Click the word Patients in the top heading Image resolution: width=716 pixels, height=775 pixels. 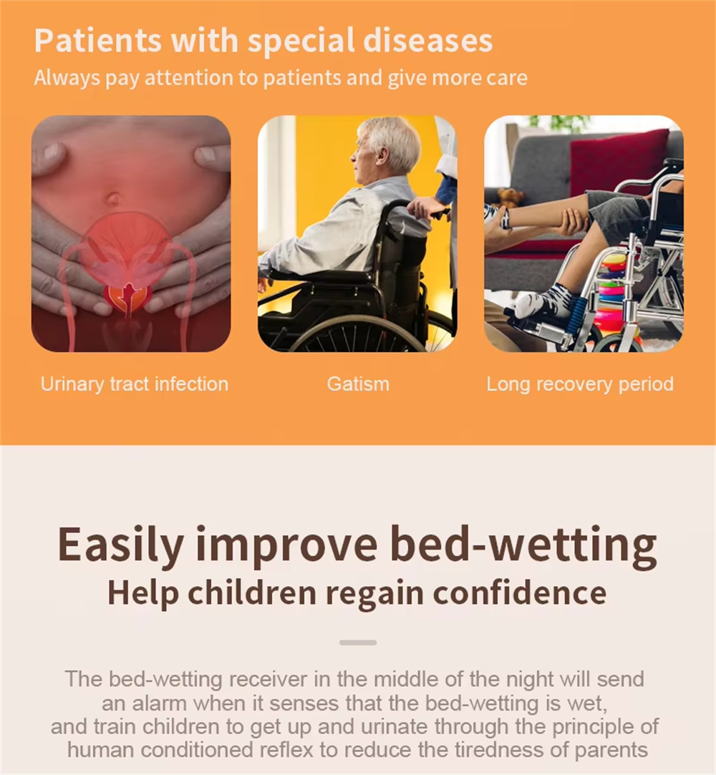click(x=98, y=40)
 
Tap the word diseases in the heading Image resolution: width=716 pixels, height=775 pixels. click(x=427, y=40)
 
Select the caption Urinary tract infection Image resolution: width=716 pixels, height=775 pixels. click(x=135, y=384)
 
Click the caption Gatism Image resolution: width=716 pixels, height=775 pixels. click(x=358, y=384)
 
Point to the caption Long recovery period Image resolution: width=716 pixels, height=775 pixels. click(x=580, y=384)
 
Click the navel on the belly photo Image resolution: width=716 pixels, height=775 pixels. click(x=113, y=199)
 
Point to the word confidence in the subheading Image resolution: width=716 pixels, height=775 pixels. click(x=520, y=593)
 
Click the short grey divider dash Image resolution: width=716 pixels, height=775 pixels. click(x=358, y=643)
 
